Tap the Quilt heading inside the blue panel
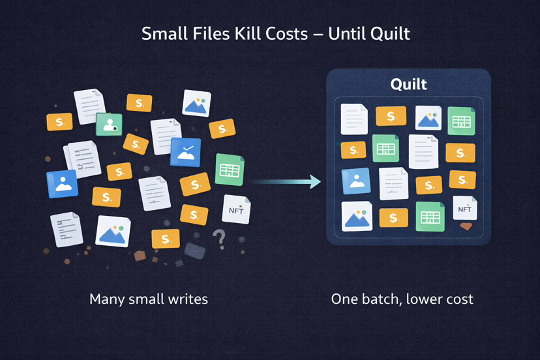408,84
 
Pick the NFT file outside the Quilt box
236,209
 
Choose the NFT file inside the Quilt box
464,209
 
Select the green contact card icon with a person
109,123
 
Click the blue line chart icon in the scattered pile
185,152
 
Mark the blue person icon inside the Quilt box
356,182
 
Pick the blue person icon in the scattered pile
62,184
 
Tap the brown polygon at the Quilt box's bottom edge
466,227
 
